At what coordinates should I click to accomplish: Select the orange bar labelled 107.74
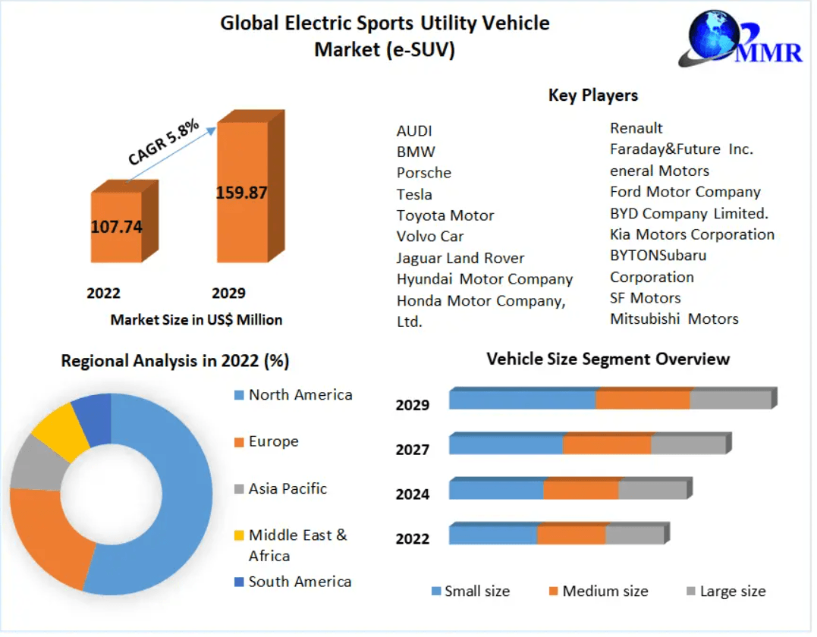tap(117, 227)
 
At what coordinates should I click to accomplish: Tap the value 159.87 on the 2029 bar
tap(242, 193)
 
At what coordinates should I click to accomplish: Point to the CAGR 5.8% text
tap(163, 142)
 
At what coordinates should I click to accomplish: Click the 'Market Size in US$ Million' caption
tap(196, 320)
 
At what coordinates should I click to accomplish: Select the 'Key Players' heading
tap(592, 96)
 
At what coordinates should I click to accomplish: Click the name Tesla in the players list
tap(414, 194)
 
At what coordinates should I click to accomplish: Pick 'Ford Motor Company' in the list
tap(685, 192)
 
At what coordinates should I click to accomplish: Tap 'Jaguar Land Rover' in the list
tap(460, 258)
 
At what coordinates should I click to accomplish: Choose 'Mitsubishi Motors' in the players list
tap(674, 318)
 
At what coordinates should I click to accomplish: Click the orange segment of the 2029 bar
tap(643, 400)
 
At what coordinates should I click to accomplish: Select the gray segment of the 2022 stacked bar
tap(634, 535)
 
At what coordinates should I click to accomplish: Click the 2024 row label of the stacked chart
tap(413, 494)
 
